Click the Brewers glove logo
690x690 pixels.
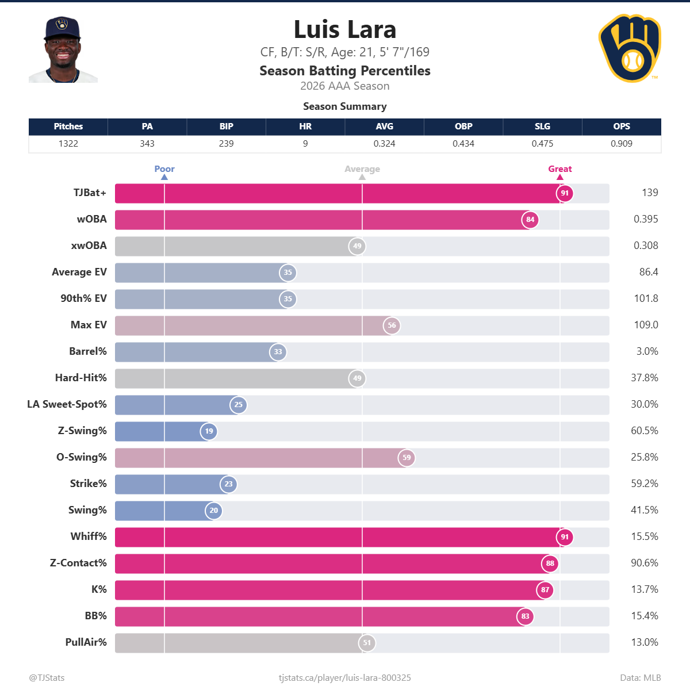(630, 48)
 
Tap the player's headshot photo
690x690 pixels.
(63, 49)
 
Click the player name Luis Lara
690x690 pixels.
(345, 29)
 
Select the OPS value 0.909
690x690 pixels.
(621, 144)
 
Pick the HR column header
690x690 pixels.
(305, 126)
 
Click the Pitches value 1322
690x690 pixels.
(68, 144)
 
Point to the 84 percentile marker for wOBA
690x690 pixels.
(530, 220)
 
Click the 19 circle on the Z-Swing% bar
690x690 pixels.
(209, 431)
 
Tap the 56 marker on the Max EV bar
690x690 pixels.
(392, 325)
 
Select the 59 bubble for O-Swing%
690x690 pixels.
(407, 458)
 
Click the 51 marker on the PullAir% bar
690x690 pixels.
(367, 643)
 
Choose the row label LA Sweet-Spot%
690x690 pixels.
(67, 404)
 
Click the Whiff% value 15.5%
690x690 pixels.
(644, 536)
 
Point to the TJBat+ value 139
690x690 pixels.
(650, 193)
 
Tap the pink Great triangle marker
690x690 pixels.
(560, 177)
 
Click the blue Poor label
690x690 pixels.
(164, 168)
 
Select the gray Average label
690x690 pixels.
(362, 169)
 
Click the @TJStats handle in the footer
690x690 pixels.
(47, 678)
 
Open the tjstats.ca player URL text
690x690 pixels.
(345, 678)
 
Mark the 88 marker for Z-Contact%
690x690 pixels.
(550, 563)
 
